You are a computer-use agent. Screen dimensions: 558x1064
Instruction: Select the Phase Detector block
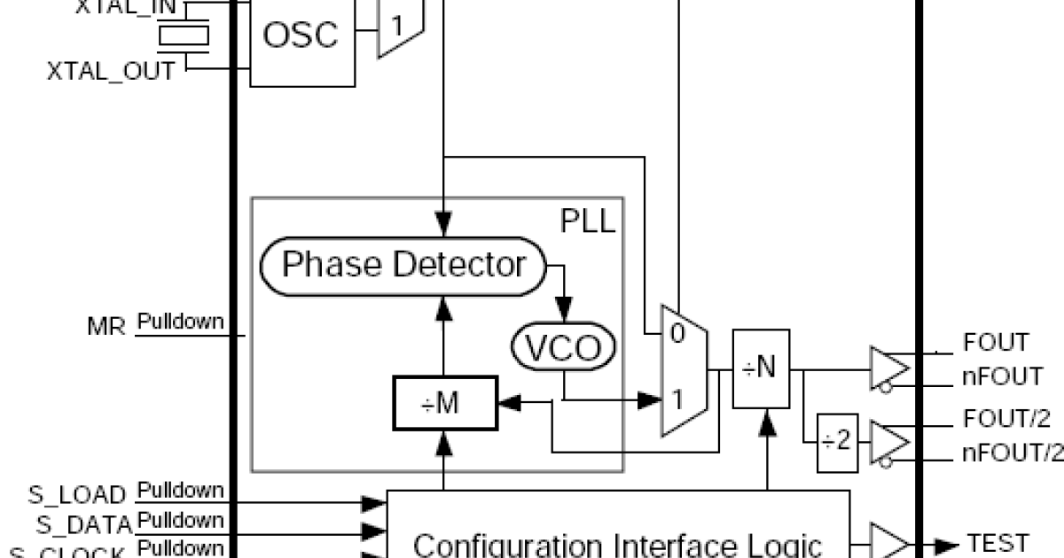[x=403, y=264]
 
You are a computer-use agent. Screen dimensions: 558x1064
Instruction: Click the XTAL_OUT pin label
[x=111, y=72]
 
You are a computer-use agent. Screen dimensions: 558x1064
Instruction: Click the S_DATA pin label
[x=83, y=524]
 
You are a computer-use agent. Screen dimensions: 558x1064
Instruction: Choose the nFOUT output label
[x=1003, y=376]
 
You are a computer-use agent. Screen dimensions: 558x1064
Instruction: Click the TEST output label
[x=998, y=542]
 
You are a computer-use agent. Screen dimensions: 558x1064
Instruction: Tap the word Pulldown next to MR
[x=180, y=322]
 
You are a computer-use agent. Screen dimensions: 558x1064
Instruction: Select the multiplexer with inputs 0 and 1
[x=684, y=370]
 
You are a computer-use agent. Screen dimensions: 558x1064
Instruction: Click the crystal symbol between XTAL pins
[x=184, y=35]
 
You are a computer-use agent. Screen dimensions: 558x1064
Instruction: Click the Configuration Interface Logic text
[x=618, y=543]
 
